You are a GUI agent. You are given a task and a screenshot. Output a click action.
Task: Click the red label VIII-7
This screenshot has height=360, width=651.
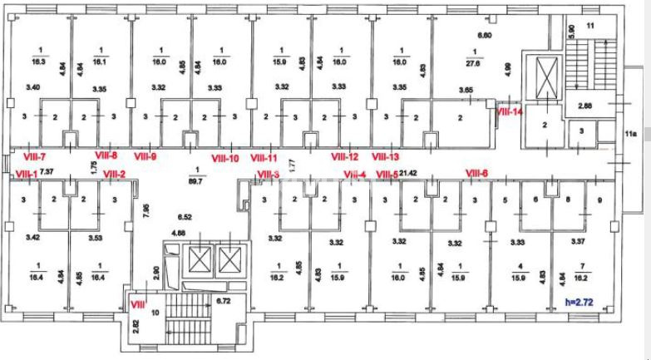point(33,155)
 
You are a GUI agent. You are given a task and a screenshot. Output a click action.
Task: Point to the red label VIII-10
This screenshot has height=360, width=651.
point(225,158)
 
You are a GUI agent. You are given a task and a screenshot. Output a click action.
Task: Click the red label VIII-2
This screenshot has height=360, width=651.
point(114,174)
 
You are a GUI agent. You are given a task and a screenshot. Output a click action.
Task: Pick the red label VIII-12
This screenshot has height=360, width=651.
point(344,156)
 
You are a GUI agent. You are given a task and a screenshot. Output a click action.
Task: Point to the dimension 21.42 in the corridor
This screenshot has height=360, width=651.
point(407,173)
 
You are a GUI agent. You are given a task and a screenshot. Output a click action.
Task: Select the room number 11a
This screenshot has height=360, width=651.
point(631,132)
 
